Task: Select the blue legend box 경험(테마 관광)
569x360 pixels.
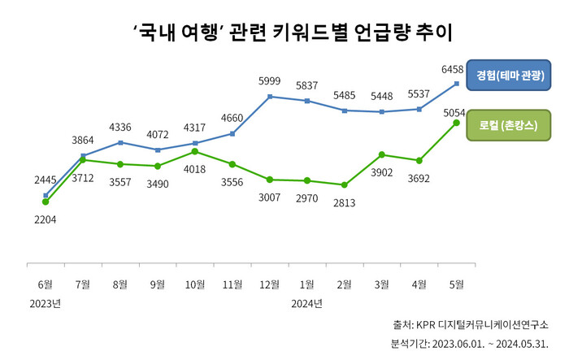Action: coord(510,76)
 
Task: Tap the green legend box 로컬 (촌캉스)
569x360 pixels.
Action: coord(510,126)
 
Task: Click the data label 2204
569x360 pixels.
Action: coord(45,219)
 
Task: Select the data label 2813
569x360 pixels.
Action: coord(345,203)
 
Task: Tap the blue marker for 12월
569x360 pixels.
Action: coord(270,97)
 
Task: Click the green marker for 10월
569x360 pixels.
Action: coord(195,151)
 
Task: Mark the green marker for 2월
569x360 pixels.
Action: coord(345,185)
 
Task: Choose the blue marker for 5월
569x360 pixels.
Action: coord(457,84)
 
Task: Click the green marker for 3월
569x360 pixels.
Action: coord(382,154)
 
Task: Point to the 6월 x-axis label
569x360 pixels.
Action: coord(45,284)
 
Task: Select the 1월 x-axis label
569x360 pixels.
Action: coord(307,284)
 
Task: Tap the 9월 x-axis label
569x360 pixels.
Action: coord(158,284)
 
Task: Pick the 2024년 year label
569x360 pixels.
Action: coord(307,303)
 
